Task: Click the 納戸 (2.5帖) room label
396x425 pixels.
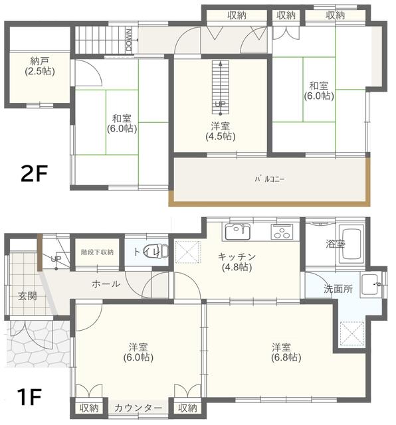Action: tap(40, 66)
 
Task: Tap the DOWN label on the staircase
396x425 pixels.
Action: tap(129, 40)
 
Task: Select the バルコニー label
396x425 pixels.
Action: tap(270, 179)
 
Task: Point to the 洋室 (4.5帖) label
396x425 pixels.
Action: tap(220, 131)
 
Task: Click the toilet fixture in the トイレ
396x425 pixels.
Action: tap(157, 251)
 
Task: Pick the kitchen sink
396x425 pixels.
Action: tap(238, 232)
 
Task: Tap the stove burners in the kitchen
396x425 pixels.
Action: tap(282, 232)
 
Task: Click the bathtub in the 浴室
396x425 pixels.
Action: tap(351, 245)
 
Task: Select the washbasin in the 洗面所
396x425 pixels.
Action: tap(371, 284)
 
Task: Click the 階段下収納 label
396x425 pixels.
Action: tap(97, 252)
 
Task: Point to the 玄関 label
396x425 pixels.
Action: tap(27, 296)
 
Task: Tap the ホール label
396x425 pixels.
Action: tap(106, 284)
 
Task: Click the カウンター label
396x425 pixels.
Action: tap(138, 408)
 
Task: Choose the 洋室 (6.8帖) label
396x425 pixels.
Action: tap(286, 353)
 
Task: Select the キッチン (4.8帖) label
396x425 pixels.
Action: tap(237, 262)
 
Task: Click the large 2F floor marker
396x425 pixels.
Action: tap(34, 174)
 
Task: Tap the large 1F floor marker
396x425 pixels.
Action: tap(29, 397)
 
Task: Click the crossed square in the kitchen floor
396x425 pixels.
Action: tap(188, 252)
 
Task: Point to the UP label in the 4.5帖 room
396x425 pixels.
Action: tap(220, 104)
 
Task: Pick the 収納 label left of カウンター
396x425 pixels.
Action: tap(89, 408)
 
